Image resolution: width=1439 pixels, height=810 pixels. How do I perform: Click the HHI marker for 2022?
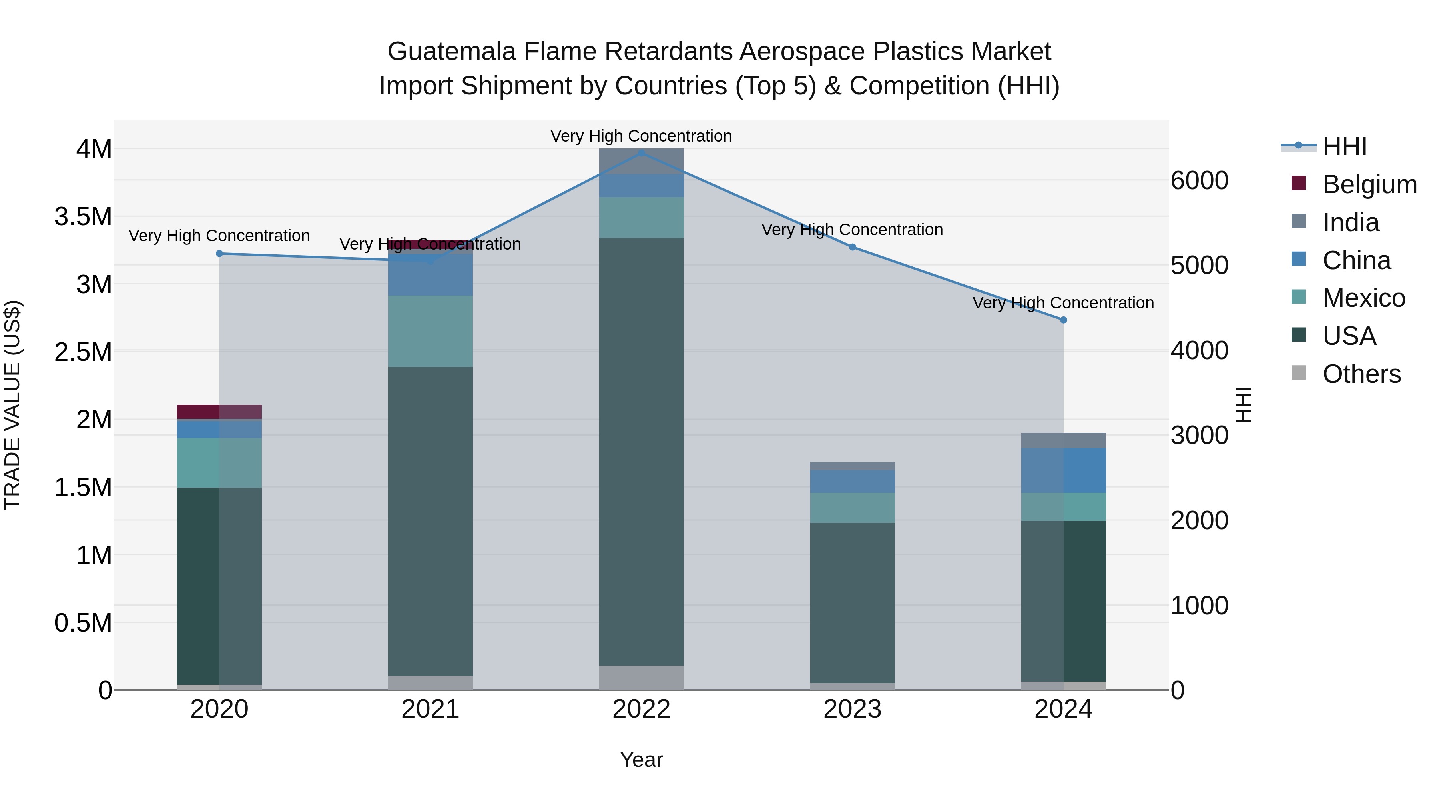641,153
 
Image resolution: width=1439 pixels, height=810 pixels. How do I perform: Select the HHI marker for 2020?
219,254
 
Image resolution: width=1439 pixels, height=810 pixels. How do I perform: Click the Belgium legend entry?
1369,184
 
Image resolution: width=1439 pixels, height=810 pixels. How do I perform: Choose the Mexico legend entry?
1363,298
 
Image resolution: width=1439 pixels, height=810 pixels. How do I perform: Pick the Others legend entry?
1361,374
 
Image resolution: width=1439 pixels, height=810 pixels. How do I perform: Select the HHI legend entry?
1344,146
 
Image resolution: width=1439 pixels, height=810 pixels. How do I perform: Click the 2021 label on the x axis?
430,709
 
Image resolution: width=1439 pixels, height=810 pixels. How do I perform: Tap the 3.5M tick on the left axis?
83,217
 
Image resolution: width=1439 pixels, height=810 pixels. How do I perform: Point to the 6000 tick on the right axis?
1199,180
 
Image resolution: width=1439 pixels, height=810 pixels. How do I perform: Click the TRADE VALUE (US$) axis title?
12,405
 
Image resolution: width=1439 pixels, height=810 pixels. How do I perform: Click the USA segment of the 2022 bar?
641,452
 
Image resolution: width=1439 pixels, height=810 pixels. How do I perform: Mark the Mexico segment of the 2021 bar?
430,331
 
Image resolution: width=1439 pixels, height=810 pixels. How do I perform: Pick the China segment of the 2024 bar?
1063,470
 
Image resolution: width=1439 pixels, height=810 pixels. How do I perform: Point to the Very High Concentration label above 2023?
852,230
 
